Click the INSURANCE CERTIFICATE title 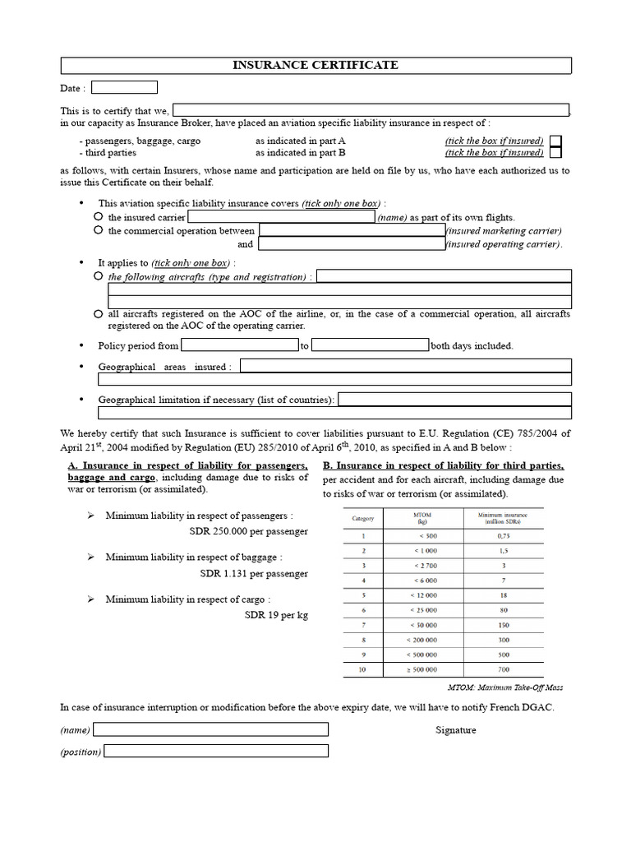[315, 66]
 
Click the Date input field [124, 87]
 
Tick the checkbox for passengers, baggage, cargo [556, 141]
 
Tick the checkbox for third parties [556, 152]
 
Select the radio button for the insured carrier [99, 216]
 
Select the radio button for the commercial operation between [99, 230]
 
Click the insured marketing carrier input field [352, 231]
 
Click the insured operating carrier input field [352, 244]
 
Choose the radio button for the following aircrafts [99, 276]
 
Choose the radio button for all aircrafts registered [99, 314]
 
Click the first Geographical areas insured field [406, 366]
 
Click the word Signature [455, 730]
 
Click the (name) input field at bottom [211, 729]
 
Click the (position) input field [216, 751]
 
